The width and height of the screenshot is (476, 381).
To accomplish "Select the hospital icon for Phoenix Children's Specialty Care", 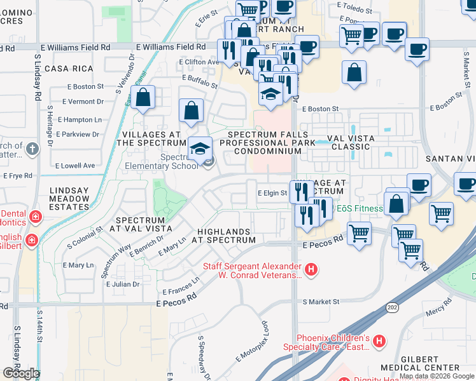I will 379,342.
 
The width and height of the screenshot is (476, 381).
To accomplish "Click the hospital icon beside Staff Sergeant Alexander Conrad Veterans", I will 311,270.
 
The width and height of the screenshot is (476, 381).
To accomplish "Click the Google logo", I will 21,373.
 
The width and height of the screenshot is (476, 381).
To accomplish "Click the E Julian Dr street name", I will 122,284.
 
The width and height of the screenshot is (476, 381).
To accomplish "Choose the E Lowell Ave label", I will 75,166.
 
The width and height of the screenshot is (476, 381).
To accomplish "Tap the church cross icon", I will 34,149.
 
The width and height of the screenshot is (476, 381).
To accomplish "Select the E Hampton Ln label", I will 79,119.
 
